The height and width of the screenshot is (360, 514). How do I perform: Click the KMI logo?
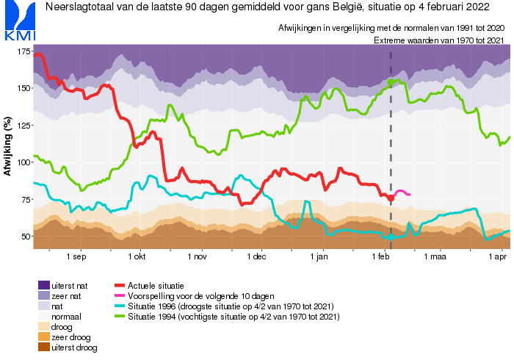(x=18, y=21)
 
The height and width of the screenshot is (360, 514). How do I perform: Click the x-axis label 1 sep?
(x=76, y=257)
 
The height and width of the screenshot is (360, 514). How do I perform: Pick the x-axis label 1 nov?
(x=197, y=257)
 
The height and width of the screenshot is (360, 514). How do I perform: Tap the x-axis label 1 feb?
(x=380, y=257)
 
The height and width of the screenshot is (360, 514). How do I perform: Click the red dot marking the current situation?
(x=391, y=198)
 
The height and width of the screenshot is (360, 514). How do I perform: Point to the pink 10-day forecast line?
(x=402, y=192)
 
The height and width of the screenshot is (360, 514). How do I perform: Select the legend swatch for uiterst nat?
(x=43, y=284)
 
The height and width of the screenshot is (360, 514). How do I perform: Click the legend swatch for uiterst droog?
(x=43, y=348)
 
